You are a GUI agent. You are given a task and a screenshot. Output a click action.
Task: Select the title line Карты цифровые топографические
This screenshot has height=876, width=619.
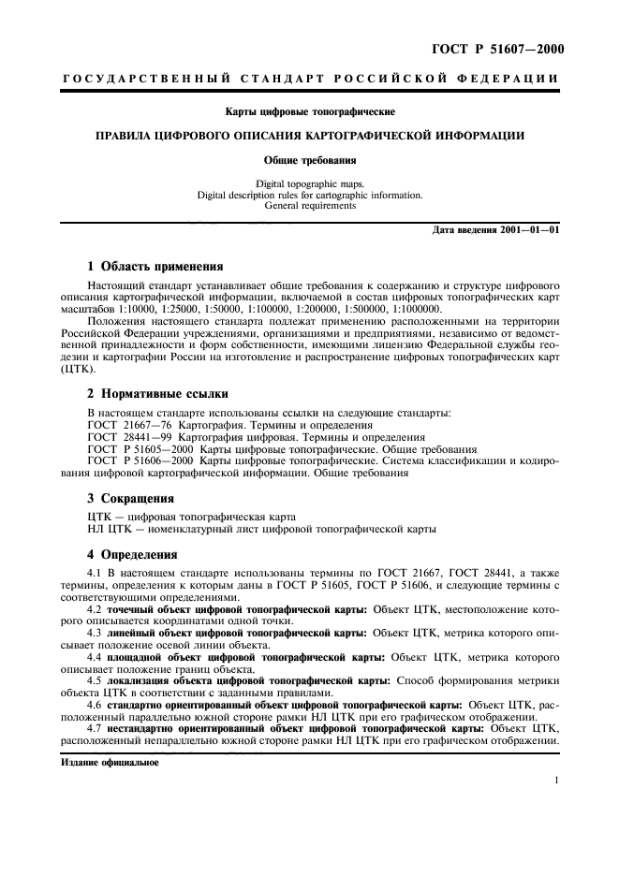coord(309,113)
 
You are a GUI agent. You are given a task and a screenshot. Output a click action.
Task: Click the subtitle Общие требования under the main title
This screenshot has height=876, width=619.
coord(309,160)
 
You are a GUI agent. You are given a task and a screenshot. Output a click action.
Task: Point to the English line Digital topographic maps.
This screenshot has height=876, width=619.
coord(309,185)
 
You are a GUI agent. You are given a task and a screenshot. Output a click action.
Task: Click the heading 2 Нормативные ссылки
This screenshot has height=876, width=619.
coord(157,394)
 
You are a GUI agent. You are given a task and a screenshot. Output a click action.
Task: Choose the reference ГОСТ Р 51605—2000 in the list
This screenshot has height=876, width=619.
coord(140,448)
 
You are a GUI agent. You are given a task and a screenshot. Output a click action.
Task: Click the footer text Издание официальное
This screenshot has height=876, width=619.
coord(109,762)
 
